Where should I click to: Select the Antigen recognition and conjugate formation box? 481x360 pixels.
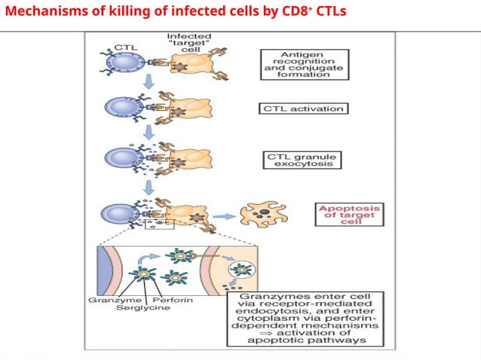point(304,64)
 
